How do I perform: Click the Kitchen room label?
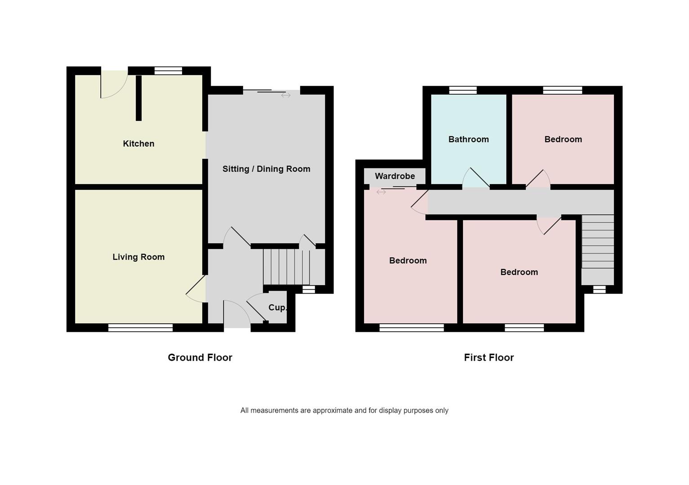click(x=138, y=144)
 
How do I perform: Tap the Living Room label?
click(x=138, y=257)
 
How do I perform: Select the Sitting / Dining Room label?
click(x=266, y=169)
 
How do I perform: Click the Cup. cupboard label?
click(x=277, y=308)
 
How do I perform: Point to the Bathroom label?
click(x=468, y=139)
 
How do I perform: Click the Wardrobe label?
click(x=395, y=176)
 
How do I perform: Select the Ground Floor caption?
click(x=200, y=357)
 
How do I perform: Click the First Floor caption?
click(x=489, y=357)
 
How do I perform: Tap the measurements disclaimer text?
click(x=344, y=410)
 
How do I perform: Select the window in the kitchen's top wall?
click(x=169, y=71)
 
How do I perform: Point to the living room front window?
click(x=140, y=328)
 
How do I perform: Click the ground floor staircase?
click(x=286, y=267)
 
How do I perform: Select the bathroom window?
click(x=463, y=90)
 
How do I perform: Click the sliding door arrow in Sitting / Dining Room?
click(x=286, y=95)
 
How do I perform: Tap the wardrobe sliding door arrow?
click(x=381, y=192)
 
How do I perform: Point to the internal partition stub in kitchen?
click(x=139, y=98)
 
